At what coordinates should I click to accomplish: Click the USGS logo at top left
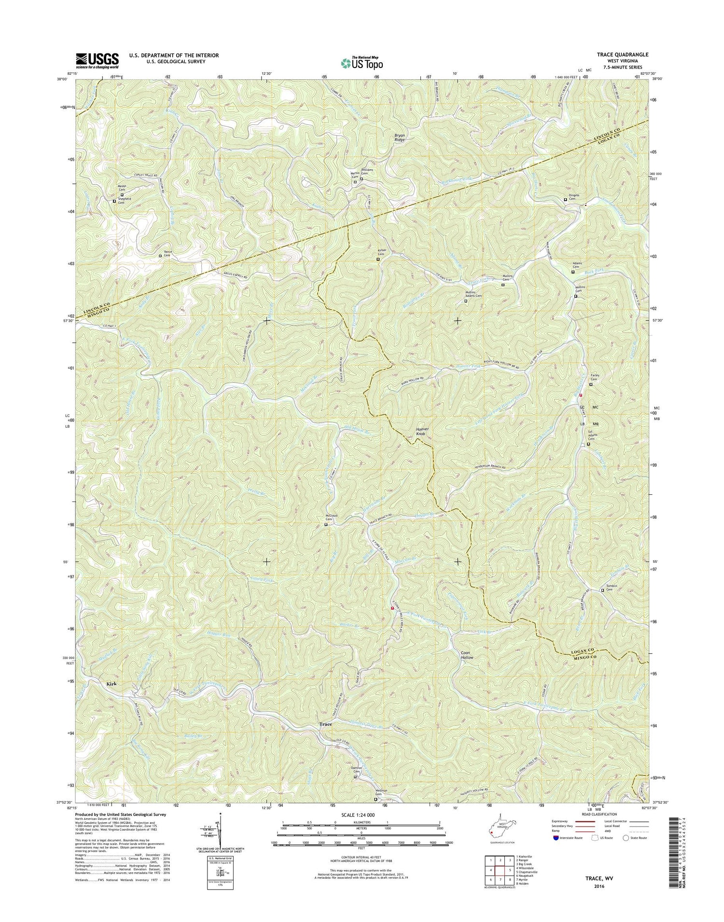coord(97,59)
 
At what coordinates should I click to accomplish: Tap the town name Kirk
coord(111,684)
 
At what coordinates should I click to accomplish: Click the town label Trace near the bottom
coord(326,724)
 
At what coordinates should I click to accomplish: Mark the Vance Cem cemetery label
coord(167,254)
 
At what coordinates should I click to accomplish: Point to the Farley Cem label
coord(595,378)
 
